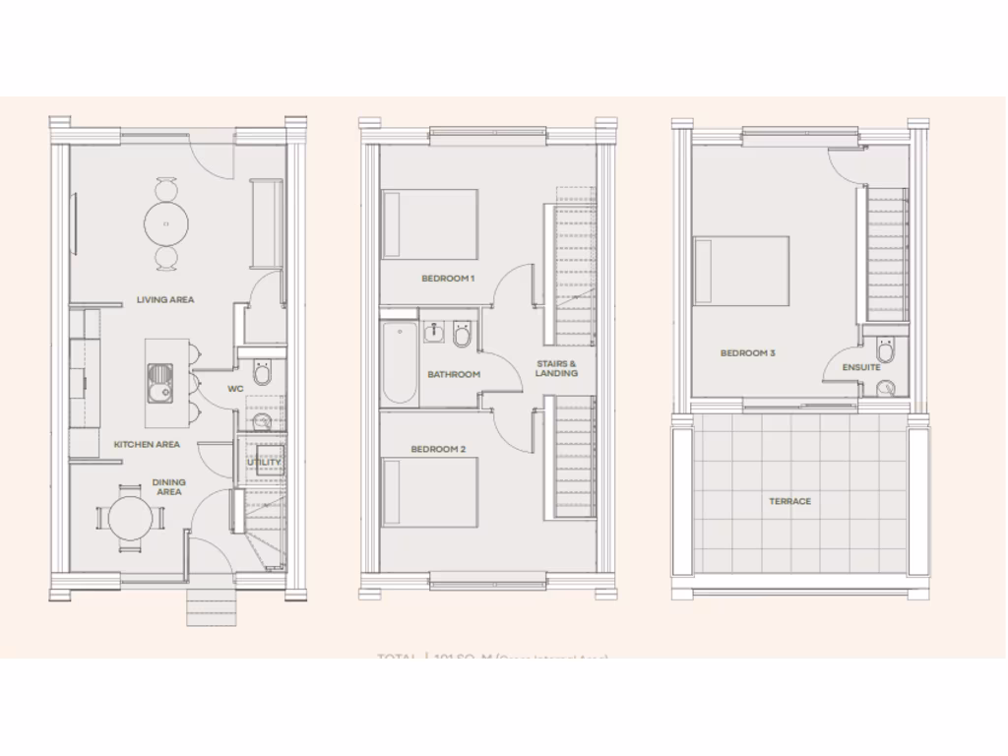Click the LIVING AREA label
point(165,299)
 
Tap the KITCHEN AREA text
point(147,444)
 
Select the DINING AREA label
point(168,486)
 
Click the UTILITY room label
point(264,462)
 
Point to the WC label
point(235,389)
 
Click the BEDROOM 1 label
point(448,279)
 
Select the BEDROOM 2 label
point(438,449)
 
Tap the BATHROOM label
point(454,374)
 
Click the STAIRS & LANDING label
point(556,368)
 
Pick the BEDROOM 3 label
point(748,352)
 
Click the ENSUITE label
point(861,367)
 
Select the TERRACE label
point(790,501)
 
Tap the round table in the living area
point(166,223)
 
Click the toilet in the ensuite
point(886,350)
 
